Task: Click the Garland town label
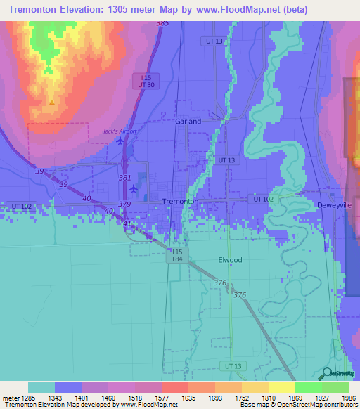tap(188, 121)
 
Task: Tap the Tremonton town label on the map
tap(180, 201)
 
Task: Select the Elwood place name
tap(229, 260)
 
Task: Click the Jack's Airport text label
tap(120, 131)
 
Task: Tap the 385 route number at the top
tap(163, 24)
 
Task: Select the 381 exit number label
tap(124, 178)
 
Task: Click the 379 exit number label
tap(124, 204)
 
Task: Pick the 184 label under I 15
tap(175, 259)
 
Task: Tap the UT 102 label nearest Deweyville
tap(263, 200)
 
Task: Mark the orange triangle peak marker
tap(51, 103)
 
